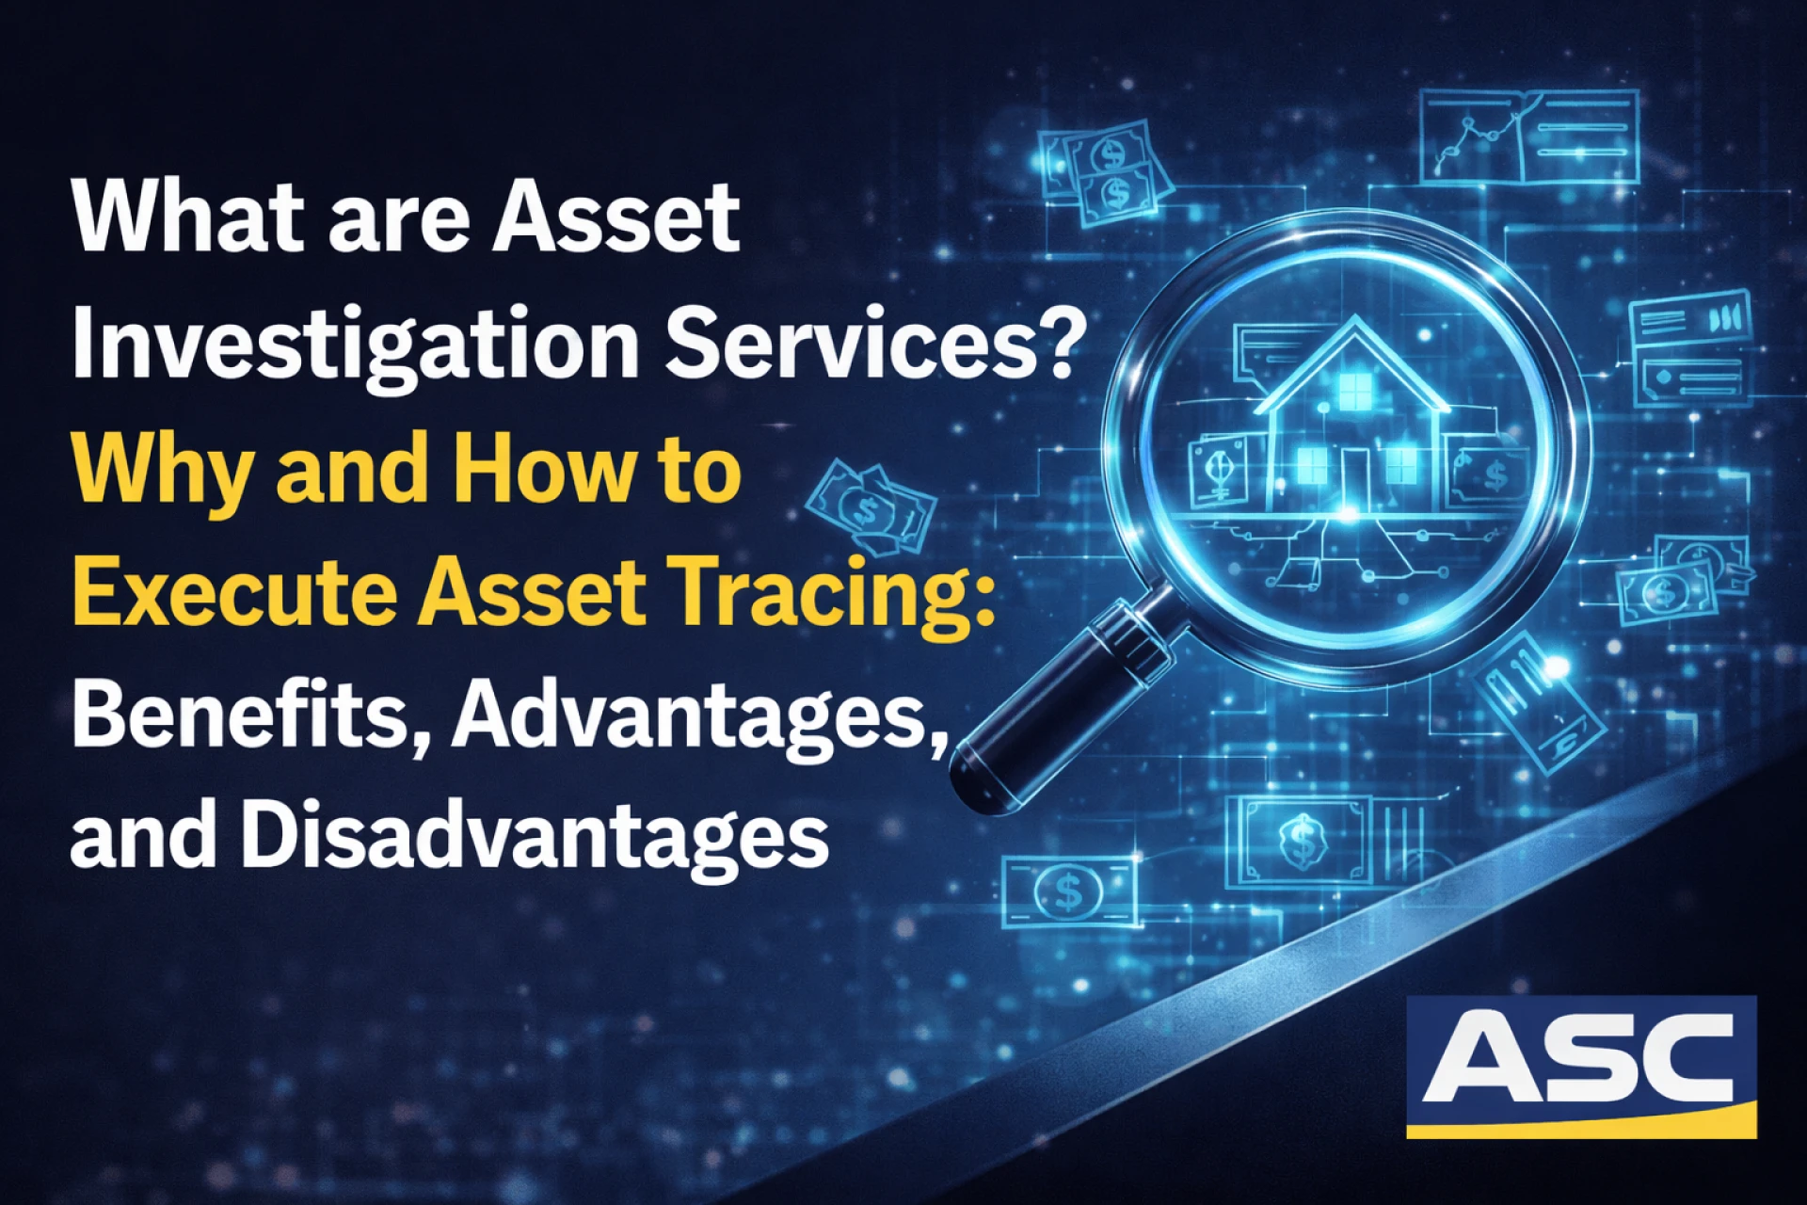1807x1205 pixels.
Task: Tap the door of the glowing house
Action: click(x=1354, y=475)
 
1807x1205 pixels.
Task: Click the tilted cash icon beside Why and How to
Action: click(x=871, y=508)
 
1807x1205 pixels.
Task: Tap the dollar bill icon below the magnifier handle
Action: click(x=1068, y=890)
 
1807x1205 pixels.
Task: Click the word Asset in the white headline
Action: click(x=616, y=218)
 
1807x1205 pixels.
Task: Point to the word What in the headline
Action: click(x=189, y=218)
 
